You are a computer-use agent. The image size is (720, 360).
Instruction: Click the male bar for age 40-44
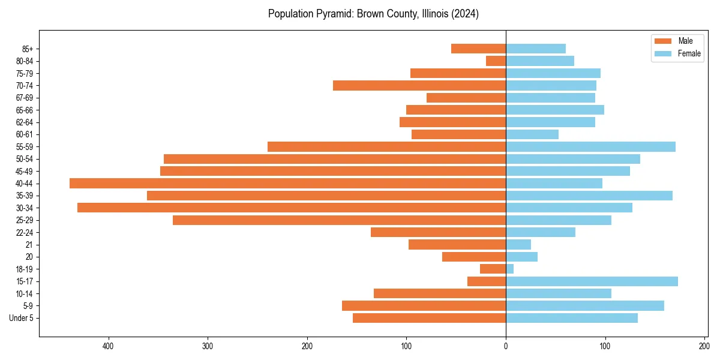[287, 184]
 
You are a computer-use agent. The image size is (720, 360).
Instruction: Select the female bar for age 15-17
[592, 281]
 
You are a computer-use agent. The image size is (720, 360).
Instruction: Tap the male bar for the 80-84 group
[496, 61]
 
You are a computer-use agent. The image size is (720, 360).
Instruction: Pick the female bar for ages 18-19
[510, 269]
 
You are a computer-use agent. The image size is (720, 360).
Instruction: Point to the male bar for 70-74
[419, 85]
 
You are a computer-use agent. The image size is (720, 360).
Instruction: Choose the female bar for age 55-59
[590, 146]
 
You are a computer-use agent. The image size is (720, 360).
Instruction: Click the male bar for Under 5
[429, 318]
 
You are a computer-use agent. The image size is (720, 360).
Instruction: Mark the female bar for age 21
[518, 244]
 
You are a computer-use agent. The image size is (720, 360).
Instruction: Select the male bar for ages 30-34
[292, 208]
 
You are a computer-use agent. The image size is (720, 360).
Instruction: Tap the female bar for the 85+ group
[536, 49]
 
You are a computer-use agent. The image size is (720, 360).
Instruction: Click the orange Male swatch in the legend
[663, 41]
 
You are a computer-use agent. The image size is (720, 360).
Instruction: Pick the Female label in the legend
[689, 53]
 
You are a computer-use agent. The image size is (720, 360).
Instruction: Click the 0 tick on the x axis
[506, 346]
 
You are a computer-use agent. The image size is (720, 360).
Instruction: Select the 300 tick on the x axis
[208, 346]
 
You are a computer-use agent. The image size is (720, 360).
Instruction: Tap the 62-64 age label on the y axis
[25, 122]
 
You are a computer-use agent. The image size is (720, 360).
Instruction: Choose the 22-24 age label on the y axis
[25, 232]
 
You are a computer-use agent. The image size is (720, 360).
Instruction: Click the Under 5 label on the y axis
[21, 318]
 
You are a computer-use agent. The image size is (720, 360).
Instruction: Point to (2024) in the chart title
[465, 14]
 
